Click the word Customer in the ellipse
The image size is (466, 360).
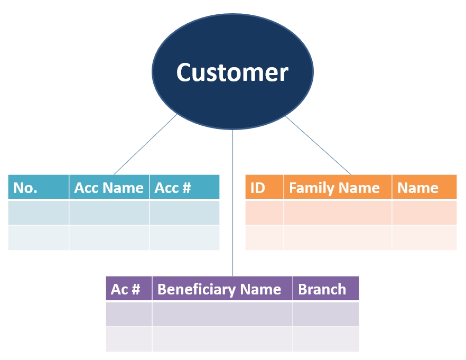[x=232, y=72]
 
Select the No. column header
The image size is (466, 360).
[x=39, y=187]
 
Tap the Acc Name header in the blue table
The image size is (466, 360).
[x=109, y=187]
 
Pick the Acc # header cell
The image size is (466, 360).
[x=184, y=187]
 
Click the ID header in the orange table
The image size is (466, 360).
[x=265, y=187]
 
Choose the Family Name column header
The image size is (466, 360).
[x=338, y=187]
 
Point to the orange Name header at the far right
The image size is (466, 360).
[x=424, y=187]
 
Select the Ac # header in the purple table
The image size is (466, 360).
[x=129, y=288]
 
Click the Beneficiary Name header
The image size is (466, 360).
[x=222, y=288]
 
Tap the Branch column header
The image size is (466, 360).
[x=326, y=288]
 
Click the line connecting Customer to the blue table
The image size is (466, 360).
[x=146, y=144]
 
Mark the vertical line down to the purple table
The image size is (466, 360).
[x=232, y=203]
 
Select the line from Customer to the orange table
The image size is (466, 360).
[x=318, y=145]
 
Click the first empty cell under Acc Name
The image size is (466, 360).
[x=109, y=213]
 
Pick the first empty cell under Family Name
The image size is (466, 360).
[x=338, y=213]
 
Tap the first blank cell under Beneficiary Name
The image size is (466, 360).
[x=222, y=314]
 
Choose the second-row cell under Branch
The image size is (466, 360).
[x=326, y=339]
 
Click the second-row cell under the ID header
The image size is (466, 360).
[x=265, y=237]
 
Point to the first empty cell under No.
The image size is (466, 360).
[x=39, y=213]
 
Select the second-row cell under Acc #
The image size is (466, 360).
[x=184, y=237]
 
